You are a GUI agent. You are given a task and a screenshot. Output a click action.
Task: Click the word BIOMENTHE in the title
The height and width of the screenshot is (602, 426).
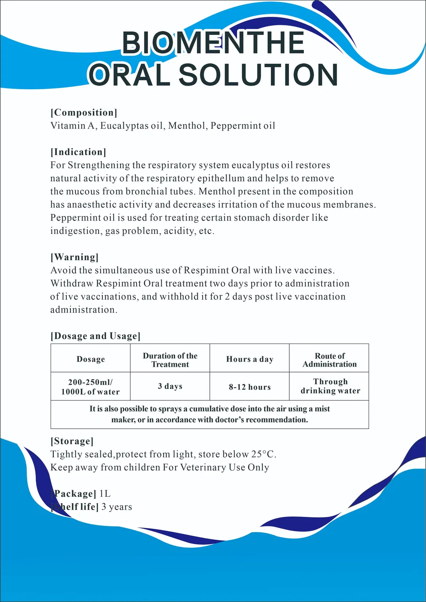click(213, 43)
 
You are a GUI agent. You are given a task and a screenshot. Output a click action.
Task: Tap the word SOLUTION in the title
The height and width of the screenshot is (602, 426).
click(258, 75)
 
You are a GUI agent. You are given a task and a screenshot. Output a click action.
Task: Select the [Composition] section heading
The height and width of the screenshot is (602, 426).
click(84, 113)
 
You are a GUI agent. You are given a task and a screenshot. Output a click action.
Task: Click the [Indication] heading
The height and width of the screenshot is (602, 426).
click(78, 152)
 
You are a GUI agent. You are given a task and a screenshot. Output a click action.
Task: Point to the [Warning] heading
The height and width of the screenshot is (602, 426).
click(74, 257)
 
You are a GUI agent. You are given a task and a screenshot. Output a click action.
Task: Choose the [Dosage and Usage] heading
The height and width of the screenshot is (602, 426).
click(95, 336)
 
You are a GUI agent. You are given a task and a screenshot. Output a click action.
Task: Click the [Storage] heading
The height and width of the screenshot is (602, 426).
click(72, 441)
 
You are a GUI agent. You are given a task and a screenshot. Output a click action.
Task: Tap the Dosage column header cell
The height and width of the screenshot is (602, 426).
click(90, 359)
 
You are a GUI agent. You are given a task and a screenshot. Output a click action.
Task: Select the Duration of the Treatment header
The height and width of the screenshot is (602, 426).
click(170, 360)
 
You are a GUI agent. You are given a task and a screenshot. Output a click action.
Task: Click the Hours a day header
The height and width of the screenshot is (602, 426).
click(250, 359)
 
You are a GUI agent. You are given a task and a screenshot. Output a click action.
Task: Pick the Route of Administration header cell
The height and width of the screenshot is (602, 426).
click(330, 360)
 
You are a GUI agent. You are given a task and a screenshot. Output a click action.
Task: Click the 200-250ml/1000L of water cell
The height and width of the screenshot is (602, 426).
click(90, 387)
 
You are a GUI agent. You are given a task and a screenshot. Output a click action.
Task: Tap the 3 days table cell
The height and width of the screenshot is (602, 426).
click(170, 386)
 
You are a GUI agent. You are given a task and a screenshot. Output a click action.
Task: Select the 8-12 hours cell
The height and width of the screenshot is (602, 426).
click(250, 387)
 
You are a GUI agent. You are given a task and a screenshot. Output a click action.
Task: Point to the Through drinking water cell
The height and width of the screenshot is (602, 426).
click(330, 386)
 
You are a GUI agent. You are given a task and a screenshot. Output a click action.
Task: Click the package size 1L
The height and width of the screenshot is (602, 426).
click(105, 494)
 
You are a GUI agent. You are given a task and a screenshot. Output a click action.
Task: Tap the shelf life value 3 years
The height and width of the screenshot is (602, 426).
click(117, 507)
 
